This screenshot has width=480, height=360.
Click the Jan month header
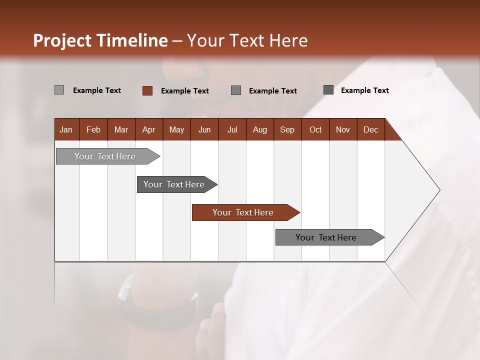click(x=66, y=129)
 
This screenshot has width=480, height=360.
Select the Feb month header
click(x=93, y=129)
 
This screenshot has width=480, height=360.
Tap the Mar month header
click(x=121, y=129)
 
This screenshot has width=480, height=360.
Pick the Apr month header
click(x=148, y=129)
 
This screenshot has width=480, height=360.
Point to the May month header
click(x=176, y=129)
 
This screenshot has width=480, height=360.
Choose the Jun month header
click(x=204, y=129)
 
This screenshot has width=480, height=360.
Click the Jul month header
click(x=232, y=129)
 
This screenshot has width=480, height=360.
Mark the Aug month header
click(x=259, y=129)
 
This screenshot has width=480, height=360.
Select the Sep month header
click(x=287, y=129)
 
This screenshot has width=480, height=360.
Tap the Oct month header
click(x=315, y=129)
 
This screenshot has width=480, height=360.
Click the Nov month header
click(x=343, y=129)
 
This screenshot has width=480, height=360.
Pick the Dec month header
click(x=370, y=129)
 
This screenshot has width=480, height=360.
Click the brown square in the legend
click(x=147, y=90)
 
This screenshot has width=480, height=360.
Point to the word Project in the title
click(x=62, y=40)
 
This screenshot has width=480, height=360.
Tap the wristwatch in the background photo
click(x=150, y=310)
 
